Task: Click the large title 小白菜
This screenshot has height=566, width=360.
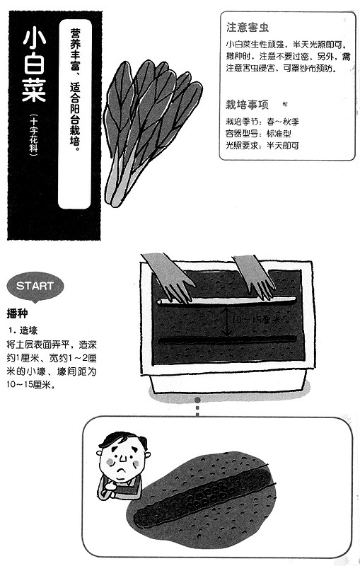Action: point(35,65)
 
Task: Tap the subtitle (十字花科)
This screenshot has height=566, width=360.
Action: point(34,135)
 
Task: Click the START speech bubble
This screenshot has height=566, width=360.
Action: point(35,287)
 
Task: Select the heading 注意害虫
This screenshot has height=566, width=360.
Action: point(248,28)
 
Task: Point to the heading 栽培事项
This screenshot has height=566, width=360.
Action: point(248,105)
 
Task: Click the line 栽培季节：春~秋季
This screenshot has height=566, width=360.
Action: point(262,122)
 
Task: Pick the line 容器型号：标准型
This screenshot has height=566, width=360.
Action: point(258,134)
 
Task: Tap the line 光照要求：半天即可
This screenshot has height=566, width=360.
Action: point(262,146)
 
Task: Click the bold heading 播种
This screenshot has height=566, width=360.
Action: point(17,313)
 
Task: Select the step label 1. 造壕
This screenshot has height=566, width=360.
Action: point(23,330)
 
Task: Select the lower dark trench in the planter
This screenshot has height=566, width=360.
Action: point(228,340)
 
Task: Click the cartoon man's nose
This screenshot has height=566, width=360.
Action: point(123,458)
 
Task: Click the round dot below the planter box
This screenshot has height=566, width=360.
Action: point(197,400)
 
